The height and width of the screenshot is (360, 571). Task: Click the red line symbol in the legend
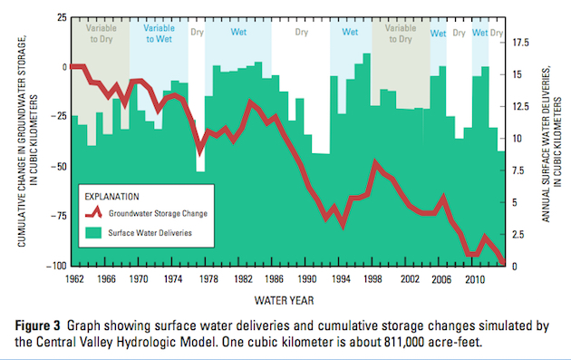point(92,214)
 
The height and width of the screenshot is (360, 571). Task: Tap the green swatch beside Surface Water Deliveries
point(92,232)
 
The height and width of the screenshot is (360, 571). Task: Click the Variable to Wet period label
point(159,34)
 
